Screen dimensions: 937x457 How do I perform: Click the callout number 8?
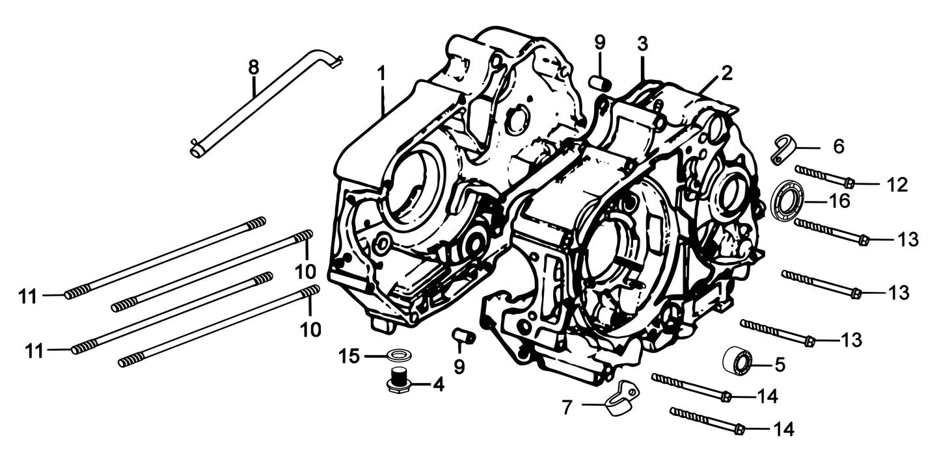254,68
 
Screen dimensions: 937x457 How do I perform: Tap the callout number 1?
381,73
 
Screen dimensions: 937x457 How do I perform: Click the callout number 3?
642,44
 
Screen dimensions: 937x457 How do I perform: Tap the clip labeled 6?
781,150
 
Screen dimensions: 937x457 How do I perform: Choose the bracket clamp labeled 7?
622,399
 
